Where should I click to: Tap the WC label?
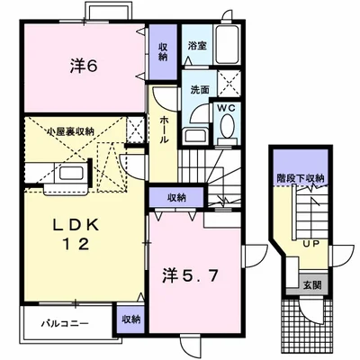(225, 108)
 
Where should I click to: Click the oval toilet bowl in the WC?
(225, 129)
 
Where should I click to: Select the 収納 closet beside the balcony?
(130, 319)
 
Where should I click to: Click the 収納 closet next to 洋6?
(163, 51)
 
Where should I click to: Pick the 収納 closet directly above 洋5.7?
(175, 197)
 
